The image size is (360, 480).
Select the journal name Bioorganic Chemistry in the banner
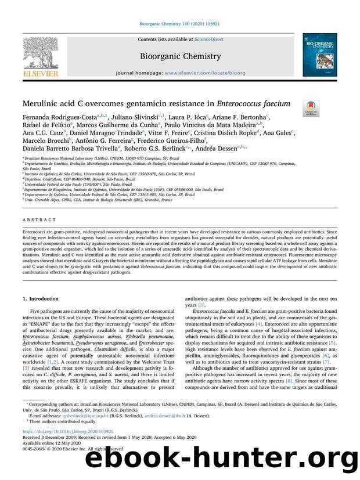pos(179,56)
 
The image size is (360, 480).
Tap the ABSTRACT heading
pos(39,220)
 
